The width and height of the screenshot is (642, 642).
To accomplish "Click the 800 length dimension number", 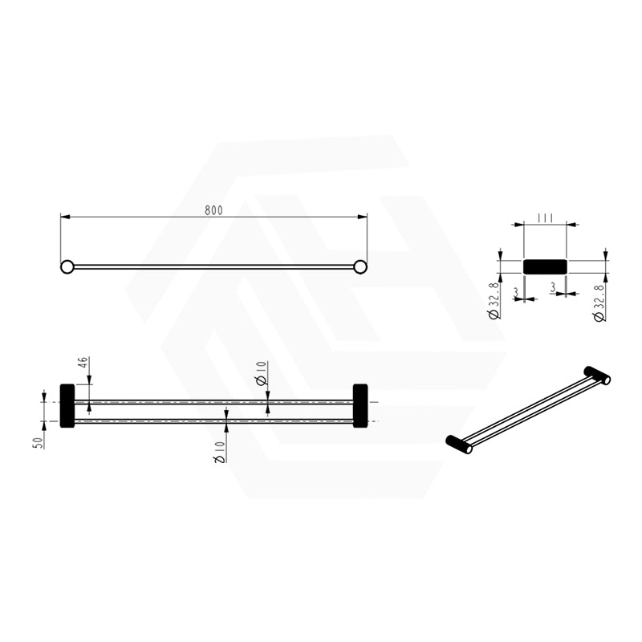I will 213,210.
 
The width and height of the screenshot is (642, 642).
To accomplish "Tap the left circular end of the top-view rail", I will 67,266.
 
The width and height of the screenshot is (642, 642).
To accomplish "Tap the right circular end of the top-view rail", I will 360,266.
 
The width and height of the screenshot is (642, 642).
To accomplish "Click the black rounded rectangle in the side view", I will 545,266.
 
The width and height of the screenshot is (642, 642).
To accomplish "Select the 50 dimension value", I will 37,441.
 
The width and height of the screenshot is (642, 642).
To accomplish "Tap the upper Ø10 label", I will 262,373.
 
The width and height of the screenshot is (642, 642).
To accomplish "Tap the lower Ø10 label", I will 219,449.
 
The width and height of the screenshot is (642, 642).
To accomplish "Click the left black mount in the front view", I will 67,405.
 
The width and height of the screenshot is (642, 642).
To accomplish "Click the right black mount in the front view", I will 360,405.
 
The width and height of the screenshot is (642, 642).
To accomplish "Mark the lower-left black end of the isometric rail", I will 458,445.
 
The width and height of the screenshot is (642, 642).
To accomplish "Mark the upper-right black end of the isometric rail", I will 597,375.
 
